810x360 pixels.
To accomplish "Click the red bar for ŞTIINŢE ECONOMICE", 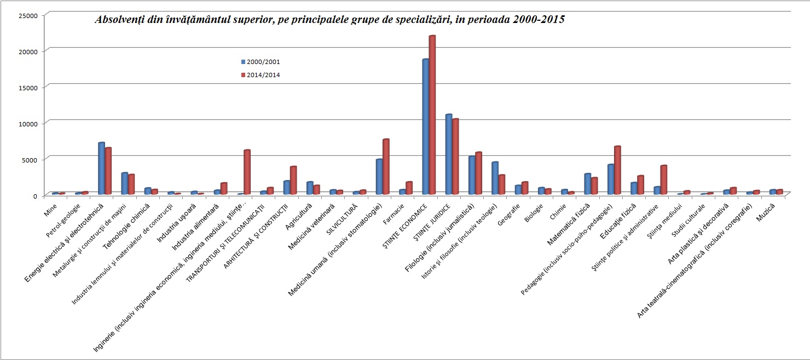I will click(x=432, y=115).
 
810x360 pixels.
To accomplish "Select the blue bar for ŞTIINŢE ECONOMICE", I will click(x=425, y=126).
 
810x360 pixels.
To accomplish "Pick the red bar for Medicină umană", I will click(x=386, y=167).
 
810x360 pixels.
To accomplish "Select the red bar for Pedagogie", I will click(x=617, y=170).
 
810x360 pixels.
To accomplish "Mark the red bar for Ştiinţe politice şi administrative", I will click(x=664, y=180).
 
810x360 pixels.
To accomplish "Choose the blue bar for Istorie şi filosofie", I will click(x=494, y=178).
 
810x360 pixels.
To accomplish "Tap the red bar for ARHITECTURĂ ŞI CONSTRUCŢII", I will click(x=293, y=181).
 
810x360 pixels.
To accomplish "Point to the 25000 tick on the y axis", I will click(x=27, y=15).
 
